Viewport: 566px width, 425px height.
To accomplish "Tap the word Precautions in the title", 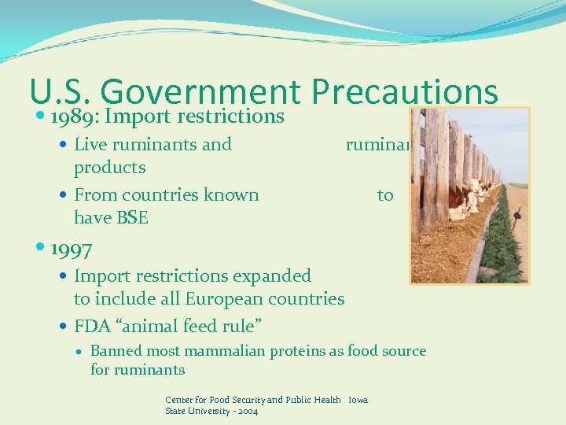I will [405, 93].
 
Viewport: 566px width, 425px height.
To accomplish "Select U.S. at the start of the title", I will [60, 93].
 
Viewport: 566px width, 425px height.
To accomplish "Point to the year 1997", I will [71, 249].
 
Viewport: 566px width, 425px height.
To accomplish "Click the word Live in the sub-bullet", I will [90, 144].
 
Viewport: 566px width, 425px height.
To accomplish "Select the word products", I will [109, 168].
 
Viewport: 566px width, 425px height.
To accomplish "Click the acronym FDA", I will [92, 326].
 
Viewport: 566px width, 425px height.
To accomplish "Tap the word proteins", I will [300, 351].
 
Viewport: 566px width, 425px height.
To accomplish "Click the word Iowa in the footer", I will [358, 400].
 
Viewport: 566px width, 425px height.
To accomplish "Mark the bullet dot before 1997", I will [41, 250].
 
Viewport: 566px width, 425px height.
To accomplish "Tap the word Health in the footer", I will [326, 400].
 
